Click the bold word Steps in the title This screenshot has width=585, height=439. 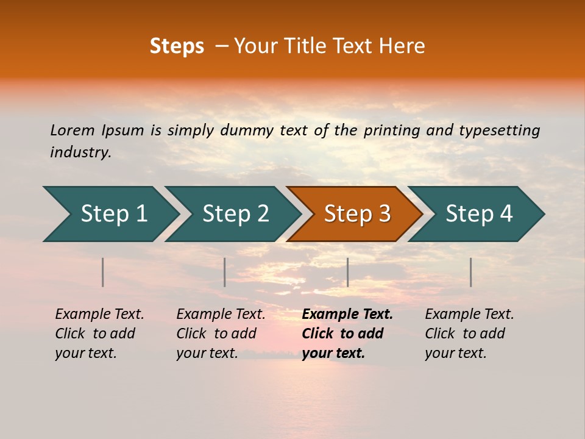177,46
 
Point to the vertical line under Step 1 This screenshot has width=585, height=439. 103,272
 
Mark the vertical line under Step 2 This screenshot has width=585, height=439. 225,272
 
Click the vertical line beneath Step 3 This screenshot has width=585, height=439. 347,272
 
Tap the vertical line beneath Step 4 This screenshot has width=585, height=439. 470,272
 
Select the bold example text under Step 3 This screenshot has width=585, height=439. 346,334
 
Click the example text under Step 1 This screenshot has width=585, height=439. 99,334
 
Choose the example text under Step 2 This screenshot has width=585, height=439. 220,334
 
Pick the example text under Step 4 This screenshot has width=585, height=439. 469,334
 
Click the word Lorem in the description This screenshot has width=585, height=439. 73,130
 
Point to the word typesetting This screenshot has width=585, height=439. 499,130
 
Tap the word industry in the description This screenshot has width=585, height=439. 80,152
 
